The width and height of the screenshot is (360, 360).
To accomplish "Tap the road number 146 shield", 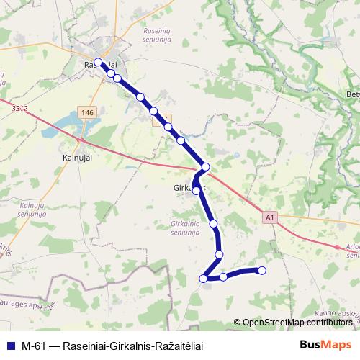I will point(87,114).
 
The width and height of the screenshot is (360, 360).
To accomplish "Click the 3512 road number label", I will point(19,109).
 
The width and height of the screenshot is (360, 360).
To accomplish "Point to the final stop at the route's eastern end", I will point(262,271).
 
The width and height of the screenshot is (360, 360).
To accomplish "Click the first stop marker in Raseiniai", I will point(98,62).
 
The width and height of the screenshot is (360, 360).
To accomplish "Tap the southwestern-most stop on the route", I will point(204,279).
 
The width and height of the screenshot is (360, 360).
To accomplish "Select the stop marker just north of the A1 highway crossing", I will point(206,167).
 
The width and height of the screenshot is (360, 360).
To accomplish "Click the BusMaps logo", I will point(325,345).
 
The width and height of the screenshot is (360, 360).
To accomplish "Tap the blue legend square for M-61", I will point(10,346).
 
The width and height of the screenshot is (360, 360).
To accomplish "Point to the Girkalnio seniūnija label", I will point(190,229).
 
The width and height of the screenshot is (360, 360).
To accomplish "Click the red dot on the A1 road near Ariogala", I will point(338,247).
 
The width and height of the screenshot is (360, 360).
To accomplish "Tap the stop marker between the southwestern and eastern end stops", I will point(223,276).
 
